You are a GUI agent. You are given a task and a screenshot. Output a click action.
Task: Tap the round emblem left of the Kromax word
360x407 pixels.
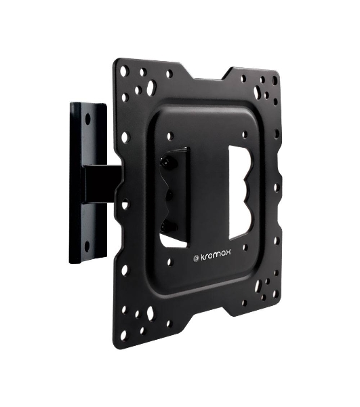click(x=196, y=258)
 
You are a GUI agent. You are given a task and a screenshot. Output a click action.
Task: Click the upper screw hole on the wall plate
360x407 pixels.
click(x=88, y=119)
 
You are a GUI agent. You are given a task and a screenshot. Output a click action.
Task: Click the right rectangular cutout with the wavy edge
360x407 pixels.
click(x=239, y=193)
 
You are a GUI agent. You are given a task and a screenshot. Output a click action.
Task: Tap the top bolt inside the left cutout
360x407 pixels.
click(x=165, y=161)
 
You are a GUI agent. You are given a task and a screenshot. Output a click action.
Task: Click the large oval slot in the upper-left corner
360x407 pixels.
click(x=151, y=87)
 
